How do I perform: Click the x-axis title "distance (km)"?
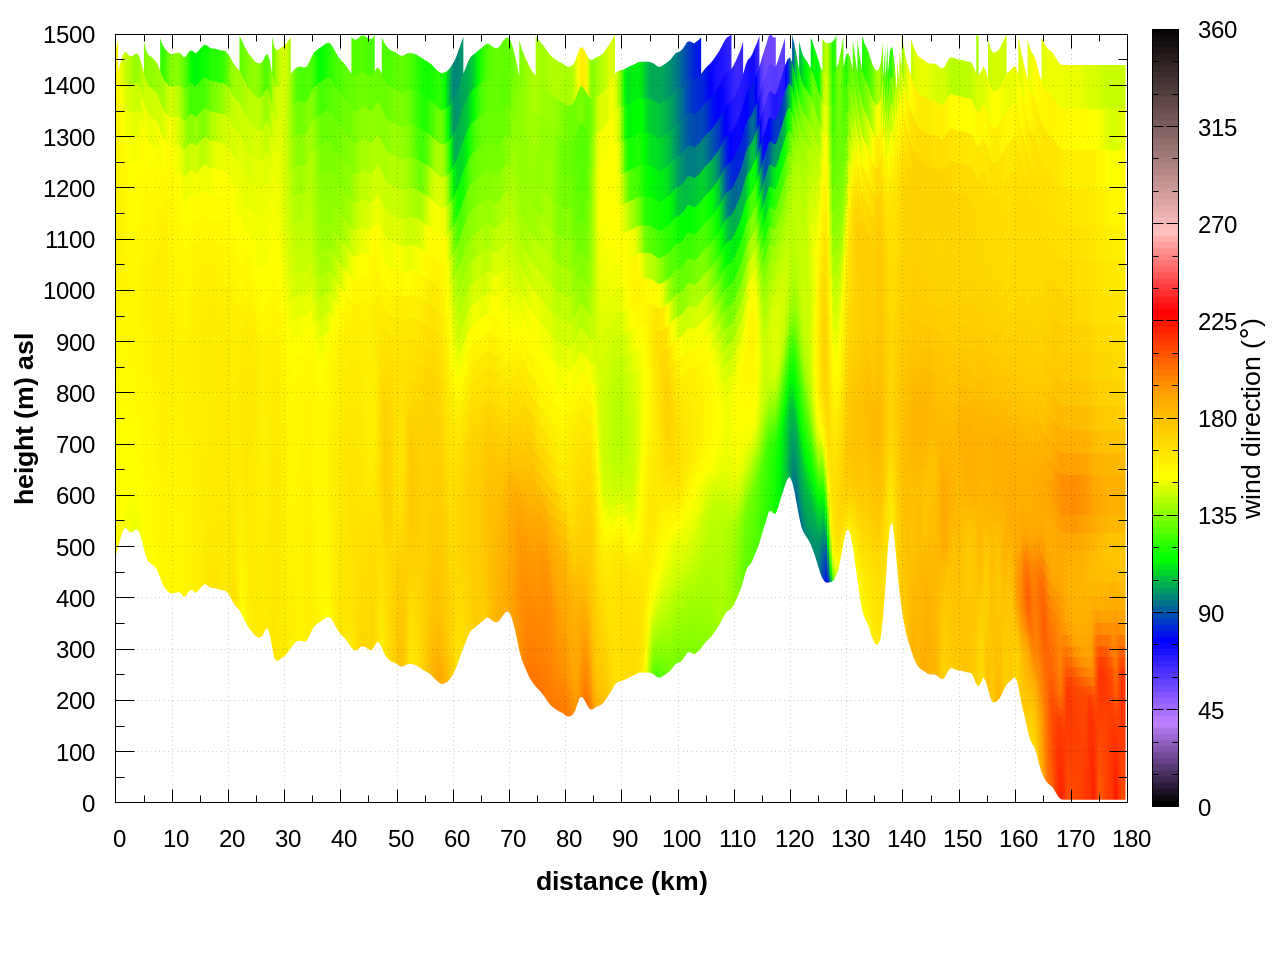[621, 881]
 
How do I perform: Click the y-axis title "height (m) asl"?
[25, 418]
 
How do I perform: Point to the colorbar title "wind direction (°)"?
[1252, 418]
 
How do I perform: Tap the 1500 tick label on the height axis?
[69, 35]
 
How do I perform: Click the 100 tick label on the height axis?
[75, 752]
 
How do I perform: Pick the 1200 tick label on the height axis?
[69, 189]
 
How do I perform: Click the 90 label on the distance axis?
[625, 839]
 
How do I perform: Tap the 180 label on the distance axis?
[1131, 839]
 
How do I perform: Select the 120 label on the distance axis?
[794, 839]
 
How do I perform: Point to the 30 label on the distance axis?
[288, 839]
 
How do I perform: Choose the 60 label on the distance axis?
[457, 839]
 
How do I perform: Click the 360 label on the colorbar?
[1217, 31]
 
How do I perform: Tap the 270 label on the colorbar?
[1217, 225]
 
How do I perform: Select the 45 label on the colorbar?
[1211, 711]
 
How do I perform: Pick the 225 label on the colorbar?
[1217, 322]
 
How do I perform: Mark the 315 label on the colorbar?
[1217, 128]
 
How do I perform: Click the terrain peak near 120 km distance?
[790, 480]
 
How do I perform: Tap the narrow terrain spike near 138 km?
[891, 527]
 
